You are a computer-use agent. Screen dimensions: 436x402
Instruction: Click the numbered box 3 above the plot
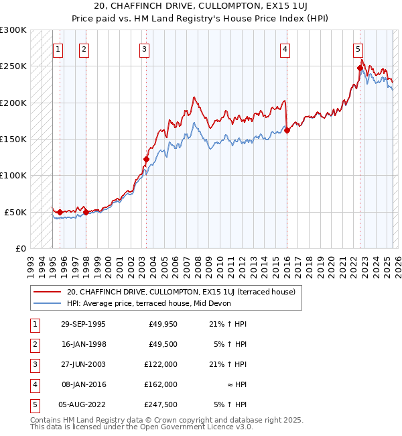coord(145,48)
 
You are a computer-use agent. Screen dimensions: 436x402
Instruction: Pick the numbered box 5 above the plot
coord(358,48)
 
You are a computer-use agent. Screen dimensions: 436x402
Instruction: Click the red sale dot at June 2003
coord(146,160)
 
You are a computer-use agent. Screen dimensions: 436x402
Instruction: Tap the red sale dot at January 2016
coord(287,131)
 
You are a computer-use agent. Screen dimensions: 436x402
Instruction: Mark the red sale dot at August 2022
coord(360,68)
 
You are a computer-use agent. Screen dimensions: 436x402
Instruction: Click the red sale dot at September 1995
coord(60,212)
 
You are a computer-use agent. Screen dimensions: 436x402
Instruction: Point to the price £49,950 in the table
coord(161,324)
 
